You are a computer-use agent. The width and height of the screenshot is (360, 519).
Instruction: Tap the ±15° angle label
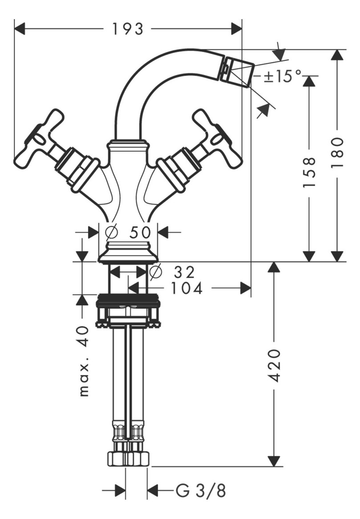pyautogui.click(x=282, y=76)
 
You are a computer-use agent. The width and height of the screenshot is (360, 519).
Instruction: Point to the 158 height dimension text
pyautogui.click(x=309, y=171)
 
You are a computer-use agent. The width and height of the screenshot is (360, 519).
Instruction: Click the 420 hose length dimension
pyautogui.click(x=275, y=365)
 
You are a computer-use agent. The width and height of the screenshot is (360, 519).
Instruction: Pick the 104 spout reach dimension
pyautogui.click(x=186, y=288)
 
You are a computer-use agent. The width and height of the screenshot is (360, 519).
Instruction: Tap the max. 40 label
pyautogui.click(x=83, y=361)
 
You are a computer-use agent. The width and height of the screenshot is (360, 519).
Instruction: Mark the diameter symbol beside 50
pyautogui.click(x=112, y=232)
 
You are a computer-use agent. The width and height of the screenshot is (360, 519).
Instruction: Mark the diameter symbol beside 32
pyautogui.click(x=155, y=272)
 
